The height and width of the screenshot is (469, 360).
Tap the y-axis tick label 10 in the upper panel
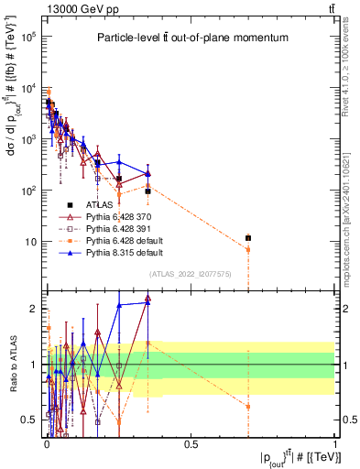32,242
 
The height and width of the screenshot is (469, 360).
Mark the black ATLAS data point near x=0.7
248,238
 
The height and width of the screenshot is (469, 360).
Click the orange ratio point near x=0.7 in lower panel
248,406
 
